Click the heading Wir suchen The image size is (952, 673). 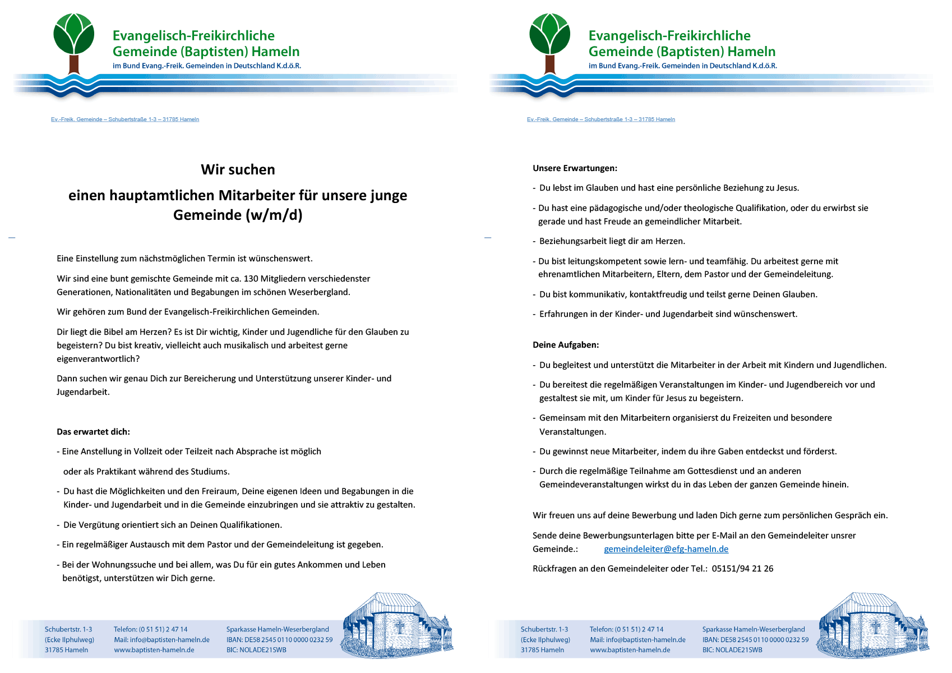[238, 169]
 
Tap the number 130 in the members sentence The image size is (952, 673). [251, 279]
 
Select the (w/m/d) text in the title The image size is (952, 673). [273, 215]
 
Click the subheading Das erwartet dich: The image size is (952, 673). [93, 432]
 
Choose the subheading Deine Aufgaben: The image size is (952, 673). [566, 345]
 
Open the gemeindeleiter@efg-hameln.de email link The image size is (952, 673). [666, 549]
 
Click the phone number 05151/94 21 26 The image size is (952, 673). [742, 569]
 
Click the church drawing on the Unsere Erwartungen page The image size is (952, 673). [873, 625]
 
